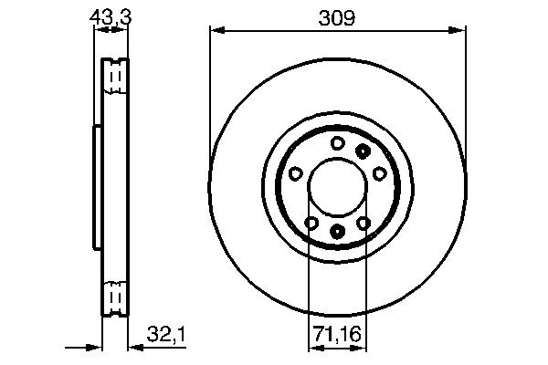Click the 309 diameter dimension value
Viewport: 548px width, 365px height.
(337, 16)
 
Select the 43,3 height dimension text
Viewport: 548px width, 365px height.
(111, 16)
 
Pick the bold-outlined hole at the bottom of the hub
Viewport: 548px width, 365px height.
(337, 232)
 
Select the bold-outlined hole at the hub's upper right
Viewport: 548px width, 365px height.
(364, 151)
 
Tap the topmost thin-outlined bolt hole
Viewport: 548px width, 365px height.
(337, 142)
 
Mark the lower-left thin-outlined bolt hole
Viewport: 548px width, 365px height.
(311, 224)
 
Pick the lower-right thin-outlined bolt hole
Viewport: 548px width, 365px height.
(364, 224)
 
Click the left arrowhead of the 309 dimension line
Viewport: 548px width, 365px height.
(216, 31)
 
